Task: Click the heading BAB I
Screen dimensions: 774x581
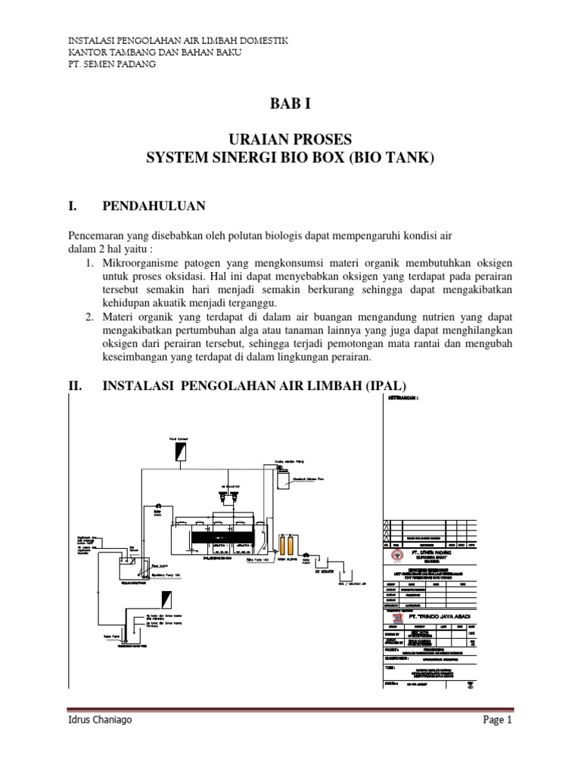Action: [290, 103]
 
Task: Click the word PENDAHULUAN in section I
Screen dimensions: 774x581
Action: [154, 206]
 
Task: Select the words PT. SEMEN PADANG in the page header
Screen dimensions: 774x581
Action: [112, 64]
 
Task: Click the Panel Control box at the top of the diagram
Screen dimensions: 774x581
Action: [179, 451]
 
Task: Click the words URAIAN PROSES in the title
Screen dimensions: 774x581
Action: [290, 141]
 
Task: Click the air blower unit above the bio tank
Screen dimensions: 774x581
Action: [229, 496]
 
